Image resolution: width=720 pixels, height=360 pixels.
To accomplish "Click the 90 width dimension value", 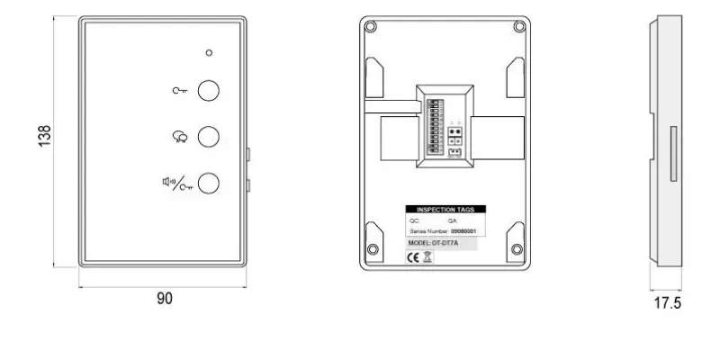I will [165, 298].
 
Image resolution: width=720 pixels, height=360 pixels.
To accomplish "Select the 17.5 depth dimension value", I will [667, 303].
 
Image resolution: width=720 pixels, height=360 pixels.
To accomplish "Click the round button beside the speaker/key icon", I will [209, 183].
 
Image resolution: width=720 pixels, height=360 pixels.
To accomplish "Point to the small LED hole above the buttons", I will [209, 52].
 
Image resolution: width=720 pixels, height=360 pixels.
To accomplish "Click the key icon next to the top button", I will [180, 90].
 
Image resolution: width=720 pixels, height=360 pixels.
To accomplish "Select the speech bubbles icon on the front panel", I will [180, 137].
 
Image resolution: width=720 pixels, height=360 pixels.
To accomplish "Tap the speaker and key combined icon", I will [177, 183].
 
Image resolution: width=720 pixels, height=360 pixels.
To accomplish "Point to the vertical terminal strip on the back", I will [433, 126].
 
